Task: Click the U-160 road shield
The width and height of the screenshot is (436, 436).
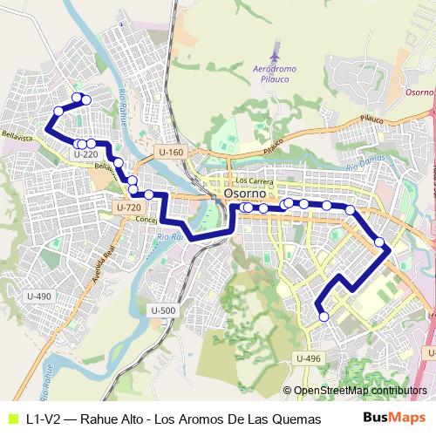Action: pos(172,153)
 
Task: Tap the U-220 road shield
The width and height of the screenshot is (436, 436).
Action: pos(85,154)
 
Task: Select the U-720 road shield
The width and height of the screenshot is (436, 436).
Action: pos(128,208)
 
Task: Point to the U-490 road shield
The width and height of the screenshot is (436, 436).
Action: pos(39,296)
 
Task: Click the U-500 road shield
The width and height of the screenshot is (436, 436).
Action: pos(163,310)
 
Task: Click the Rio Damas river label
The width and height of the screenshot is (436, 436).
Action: pos(364,166)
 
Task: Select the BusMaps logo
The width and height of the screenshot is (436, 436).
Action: pos(395,418)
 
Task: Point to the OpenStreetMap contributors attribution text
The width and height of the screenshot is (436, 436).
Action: pos(359,391)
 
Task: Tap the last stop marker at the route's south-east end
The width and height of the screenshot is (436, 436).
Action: pos(324,317)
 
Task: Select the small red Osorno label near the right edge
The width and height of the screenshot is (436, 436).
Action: pos(419,92)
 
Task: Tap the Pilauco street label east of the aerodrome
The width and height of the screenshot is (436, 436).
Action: pos(372,118)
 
